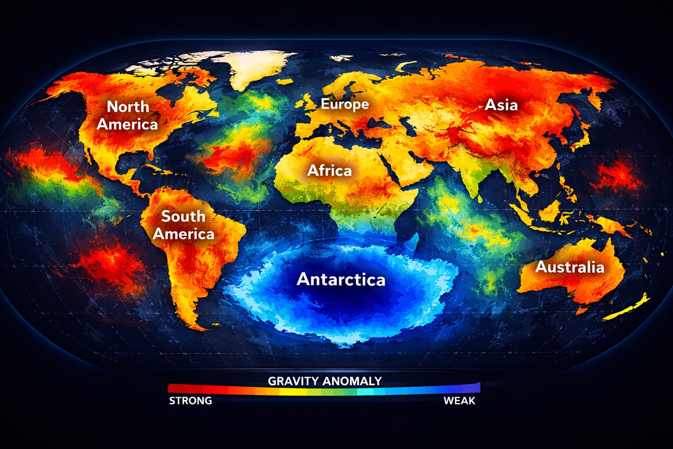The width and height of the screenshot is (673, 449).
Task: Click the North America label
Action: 127,115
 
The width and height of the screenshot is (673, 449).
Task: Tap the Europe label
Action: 345,104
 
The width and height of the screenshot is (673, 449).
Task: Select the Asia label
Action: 501,105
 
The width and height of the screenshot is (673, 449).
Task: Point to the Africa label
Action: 329,171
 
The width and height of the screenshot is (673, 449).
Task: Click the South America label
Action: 183,225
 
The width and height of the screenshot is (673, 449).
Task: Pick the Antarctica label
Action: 341,279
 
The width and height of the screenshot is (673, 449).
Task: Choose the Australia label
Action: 570,267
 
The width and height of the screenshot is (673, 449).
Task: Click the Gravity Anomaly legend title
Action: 325,381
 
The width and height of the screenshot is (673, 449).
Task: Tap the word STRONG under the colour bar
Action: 191,400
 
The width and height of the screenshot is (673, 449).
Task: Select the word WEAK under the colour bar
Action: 459,400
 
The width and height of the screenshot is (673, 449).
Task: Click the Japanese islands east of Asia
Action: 585,132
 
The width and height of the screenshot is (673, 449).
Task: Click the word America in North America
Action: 127,124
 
